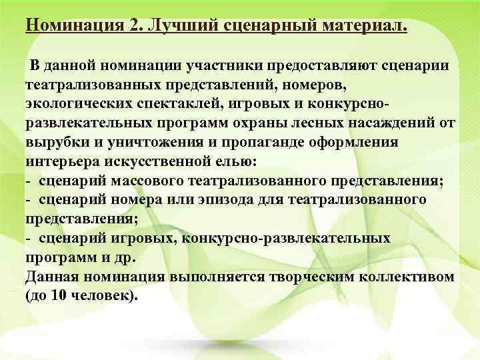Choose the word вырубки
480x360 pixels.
pos(57,143)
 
